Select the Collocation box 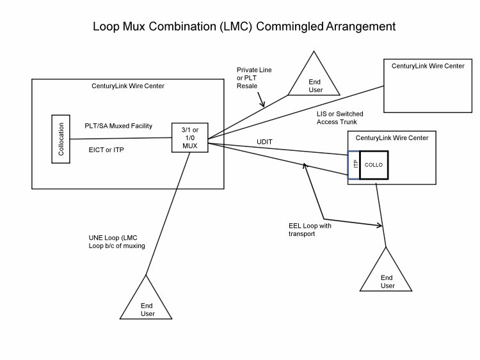tap(61, 139)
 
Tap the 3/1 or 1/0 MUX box tap(190, 136)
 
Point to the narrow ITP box tap(354, 165)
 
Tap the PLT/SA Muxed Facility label tap(118, 126)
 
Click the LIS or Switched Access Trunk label tap(340, 118)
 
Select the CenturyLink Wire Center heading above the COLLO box tap(392, 137)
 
